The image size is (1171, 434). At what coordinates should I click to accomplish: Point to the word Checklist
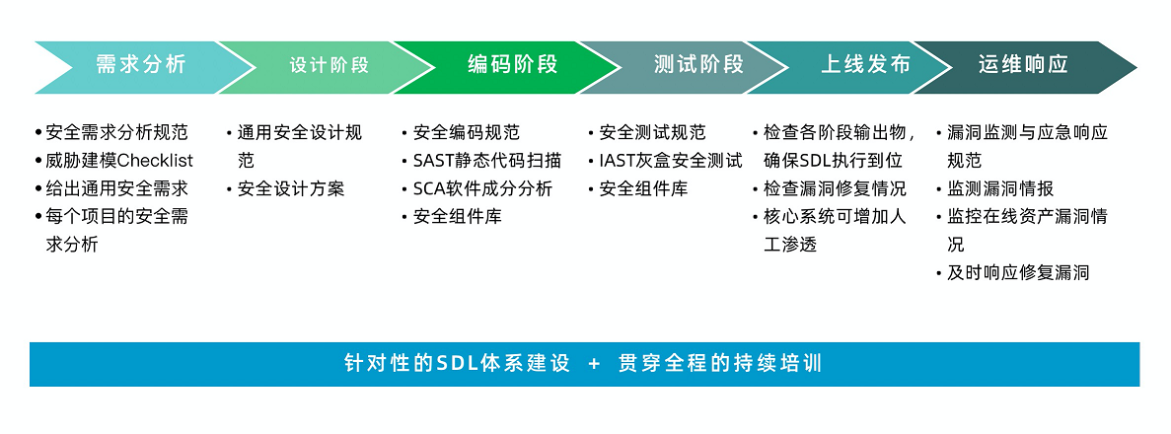click(x=155, y=161)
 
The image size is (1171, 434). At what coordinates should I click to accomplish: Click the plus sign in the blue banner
click(x=595, y=365)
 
